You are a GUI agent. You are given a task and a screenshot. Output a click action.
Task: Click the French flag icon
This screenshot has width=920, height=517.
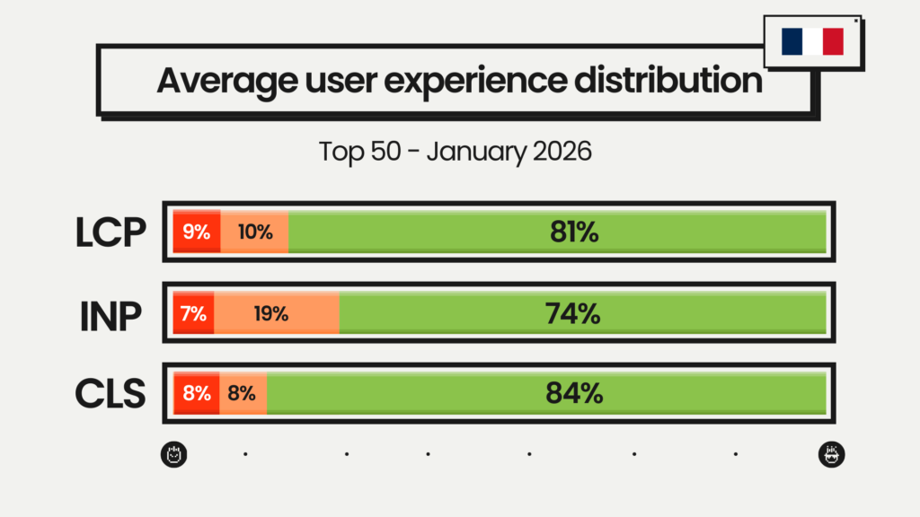point(812,41)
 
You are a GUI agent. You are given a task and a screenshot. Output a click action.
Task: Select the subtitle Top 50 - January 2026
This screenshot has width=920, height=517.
point(456,150)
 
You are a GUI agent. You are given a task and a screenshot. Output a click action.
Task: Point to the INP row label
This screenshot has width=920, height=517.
point(111,314)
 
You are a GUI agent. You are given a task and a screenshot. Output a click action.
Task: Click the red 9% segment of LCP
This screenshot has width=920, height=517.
point(196,232)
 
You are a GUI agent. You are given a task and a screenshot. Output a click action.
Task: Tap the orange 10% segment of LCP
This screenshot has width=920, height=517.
point(255,232)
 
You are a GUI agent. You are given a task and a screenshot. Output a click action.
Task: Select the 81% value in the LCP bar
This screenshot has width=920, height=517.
point(574,232)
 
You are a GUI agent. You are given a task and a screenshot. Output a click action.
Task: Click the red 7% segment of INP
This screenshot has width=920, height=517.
point(193,313)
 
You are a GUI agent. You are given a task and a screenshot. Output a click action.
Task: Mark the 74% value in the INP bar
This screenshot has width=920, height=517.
point(572,313)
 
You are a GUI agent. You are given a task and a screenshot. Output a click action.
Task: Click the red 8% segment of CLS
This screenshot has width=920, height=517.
point(197,392)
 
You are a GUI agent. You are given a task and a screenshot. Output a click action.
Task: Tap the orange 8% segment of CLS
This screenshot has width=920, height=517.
point(242,392)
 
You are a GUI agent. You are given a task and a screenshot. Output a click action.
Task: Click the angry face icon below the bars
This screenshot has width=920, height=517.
point(174,454)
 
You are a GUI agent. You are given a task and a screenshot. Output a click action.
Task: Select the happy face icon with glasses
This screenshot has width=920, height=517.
point(832,454)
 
